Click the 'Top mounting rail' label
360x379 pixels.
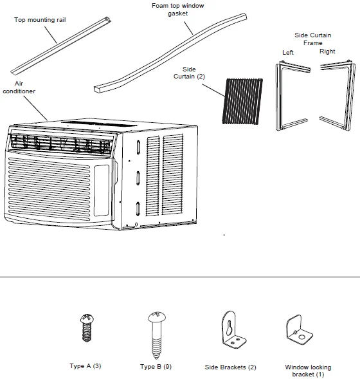point(40,20)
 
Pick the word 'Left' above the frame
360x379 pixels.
point(287,53)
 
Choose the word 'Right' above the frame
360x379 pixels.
point(327,51)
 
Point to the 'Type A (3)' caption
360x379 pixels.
point(85,366)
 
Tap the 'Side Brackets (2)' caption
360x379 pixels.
point(230,367)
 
